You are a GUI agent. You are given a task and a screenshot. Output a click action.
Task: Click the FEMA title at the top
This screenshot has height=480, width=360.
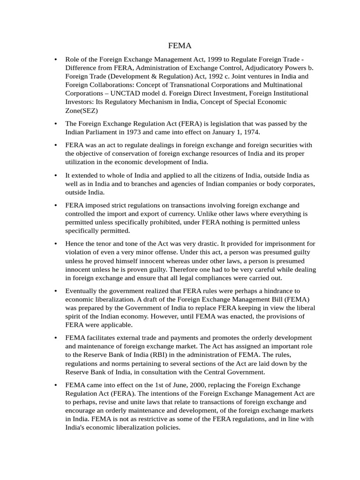coord(180,46)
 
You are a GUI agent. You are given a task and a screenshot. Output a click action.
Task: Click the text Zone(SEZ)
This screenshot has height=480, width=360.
coord(82,110)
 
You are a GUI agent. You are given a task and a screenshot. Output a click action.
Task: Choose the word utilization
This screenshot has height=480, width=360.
coord(81,162)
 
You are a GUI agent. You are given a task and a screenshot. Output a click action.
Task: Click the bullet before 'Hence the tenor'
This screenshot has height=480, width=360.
coord(56,244)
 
